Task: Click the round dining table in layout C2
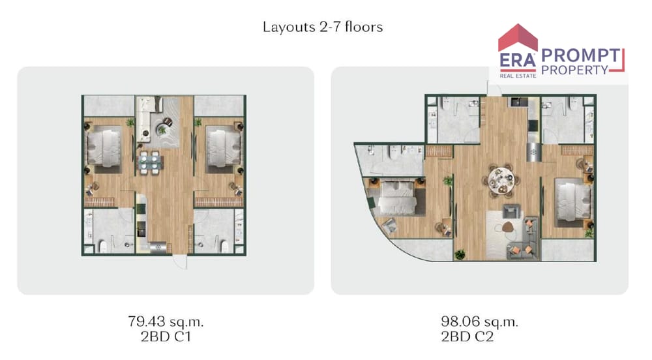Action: [x=501, y=180]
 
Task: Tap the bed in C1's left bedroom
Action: [x=104, y=148]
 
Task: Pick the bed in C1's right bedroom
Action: [x=224, y=148]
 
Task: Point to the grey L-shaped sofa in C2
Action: [x=525, y=239]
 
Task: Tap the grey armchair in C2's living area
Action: [x=511, y=211]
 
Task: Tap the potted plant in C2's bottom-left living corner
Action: [x=460, y=254]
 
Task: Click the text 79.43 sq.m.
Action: [x=166, y=322]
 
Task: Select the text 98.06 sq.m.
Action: [x=479, y=322]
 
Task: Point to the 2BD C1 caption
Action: [x=166, y=337]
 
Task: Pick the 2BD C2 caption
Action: [x=467, y=337]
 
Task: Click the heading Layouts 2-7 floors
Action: [x=323, y=27]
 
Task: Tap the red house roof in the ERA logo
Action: [x=518, y=38]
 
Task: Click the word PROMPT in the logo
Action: [x=580, y=55]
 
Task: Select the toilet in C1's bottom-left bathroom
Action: [x=102, y=247]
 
